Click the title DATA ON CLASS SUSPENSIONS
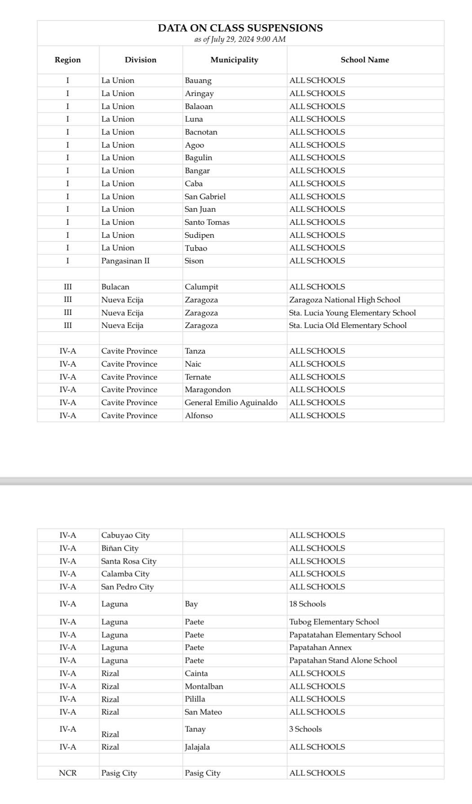pyautogui.click(x=240, y=28)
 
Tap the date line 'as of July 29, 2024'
pyautogui.click(x=240, y=39)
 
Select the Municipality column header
pyautogui.click(x=234, y=60)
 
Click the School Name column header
pyautogui.click(x=365, y=60)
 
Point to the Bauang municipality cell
pyautogui.click(x=198, y=81)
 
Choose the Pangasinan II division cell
pyautogui.click(x=125, y=261)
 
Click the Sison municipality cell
pyautogui.click(x=194, y=261)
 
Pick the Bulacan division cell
pyautogui.click(x=115, y=287)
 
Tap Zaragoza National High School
pyautogui.click(x=344, y=300)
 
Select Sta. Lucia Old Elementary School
pyautogui.click(x=348, y=325)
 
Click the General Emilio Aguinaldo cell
pyautogui.click(x=231, y=402)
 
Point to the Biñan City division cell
pyautogui.click(x=120, y=548)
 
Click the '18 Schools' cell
pyautogui.click(x=308, y=604)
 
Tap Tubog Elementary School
pyautogui.click(x=334, y=622)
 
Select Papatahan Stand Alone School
pyautogui.click(x=343, y=660)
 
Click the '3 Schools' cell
pyautogui.click(x=305, y=729)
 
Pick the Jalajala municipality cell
pyautogui.click(x=197, y=747)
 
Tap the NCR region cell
pyautogui.click(x=68, y=773)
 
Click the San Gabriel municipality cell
pyautogui.click(x=205, y=197)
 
